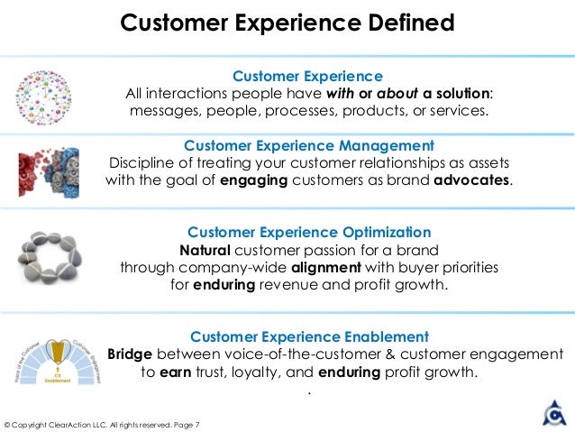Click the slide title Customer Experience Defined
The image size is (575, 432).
tap(287, 22)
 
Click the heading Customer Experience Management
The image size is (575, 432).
tap(309, 145)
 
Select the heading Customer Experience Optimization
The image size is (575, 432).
tap(308, 232)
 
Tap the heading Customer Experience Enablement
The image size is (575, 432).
tap(309, 336)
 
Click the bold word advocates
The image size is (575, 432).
tap(471, 179)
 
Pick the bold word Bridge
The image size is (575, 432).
tap(131, 354)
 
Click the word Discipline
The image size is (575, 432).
tap(141, 162)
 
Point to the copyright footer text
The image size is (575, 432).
tap(102, 424)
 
